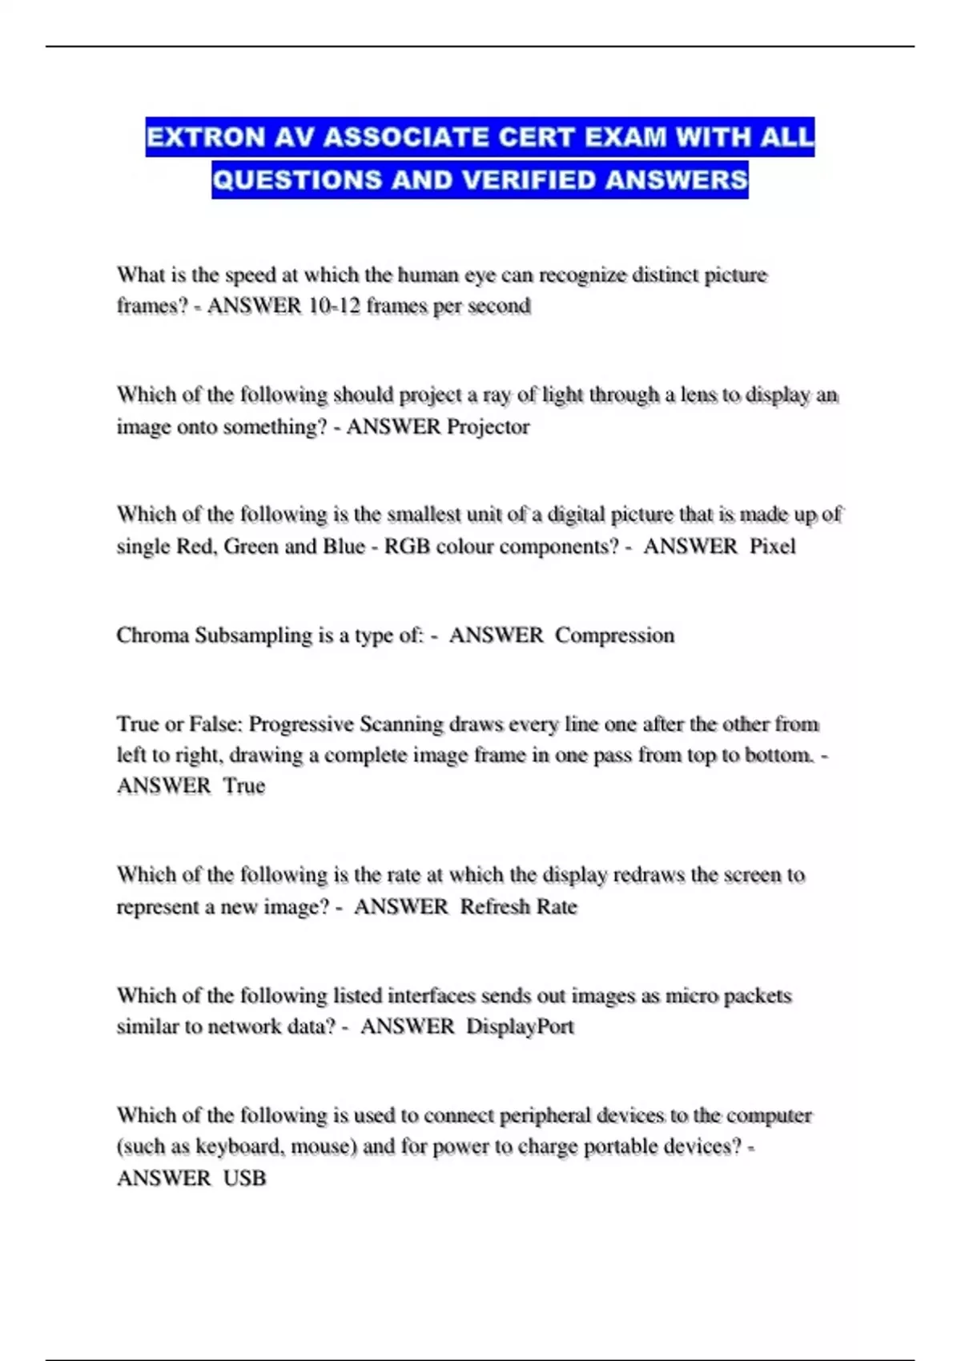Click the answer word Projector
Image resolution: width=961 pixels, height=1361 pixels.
pos(488,427)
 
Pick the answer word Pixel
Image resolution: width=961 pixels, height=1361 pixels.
pos(772,547)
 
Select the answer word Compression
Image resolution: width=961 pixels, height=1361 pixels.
pos(614,636)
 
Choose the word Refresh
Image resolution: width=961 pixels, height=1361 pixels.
pos(489,907)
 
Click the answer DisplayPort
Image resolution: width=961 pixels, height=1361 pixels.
pos(520,1027)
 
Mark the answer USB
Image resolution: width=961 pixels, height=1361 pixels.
pos(244,1178)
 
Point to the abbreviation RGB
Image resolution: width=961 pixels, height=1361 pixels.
pos(407,547)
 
